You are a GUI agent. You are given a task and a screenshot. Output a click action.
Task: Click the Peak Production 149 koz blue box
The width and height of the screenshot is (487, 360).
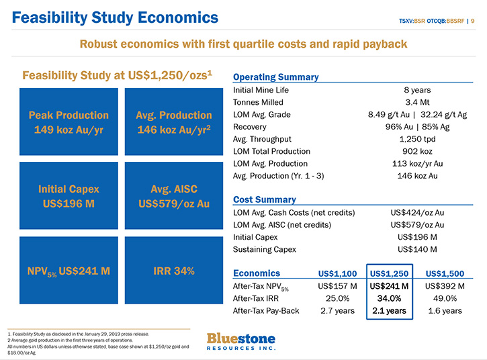[x=69, y=122]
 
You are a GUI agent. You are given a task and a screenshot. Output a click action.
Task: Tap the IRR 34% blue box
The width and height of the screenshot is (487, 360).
[x=174, y=270]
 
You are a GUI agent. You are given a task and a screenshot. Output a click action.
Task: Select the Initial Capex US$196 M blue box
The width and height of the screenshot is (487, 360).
[x=69, y=195]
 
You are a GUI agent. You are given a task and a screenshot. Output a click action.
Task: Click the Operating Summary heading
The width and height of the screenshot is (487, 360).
[x=276, y=77]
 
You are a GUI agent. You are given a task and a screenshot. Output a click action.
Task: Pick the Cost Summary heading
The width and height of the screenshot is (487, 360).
[x=264, y=199]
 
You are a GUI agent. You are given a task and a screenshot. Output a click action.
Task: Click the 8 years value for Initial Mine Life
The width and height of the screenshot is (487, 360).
[x=417, y=90]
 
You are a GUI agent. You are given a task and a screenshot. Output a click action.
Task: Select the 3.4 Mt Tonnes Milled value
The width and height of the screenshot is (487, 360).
[x=417, y=102]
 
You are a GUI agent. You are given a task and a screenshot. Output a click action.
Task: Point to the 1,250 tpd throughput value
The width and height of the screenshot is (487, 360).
[x=417, y=139]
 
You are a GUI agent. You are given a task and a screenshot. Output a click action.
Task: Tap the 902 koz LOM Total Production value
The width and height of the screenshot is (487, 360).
[x=417, y=151]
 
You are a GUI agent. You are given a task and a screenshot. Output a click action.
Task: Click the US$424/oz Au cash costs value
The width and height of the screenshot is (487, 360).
[x=417, y=213]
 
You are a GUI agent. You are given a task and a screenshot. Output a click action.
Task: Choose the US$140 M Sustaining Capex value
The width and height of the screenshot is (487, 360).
[x=417, y=249]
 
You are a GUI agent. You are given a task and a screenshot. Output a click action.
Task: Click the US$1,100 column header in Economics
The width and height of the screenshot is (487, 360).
[x=338, y=273]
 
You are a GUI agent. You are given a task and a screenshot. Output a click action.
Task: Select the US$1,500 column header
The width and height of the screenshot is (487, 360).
[x=445, y=273]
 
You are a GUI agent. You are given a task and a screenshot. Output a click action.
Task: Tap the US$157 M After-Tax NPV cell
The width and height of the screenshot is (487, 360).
[x=338, y=286]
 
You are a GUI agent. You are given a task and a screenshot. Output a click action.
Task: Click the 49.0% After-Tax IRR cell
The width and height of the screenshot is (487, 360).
[x=445, y=298]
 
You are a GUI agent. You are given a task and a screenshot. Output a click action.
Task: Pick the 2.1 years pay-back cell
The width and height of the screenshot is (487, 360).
[x=389, y=310]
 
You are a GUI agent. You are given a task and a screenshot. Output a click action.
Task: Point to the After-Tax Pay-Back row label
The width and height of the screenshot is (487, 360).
[x=266, y=310]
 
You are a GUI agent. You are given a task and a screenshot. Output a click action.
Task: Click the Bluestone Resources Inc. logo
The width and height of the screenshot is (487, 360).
[x=241, y=341]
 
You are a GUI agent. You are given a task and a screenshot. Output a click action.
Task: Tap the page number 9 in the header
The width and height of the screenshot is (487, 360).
[x=473, y=21]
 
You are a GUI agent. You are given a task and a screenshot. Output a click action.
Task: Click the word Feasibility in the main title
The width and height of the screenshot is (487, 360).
[x=50, y=17]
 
